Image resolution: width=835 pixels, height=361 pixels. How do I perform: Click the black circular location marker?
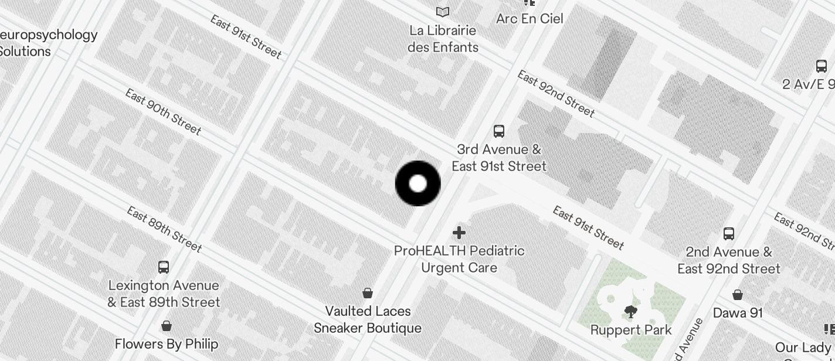(x=417, y=183)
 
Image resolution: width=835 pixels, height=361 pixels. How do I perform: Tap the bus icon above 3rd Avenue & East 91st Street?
(x=499, y=131)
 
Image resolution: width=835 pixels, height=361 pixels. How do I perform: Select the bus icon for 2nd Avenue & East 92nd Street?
(x=729, y=234)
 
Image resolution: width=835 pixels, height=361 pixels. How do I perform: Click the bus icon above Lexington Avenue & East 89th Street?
(x=164, y=267)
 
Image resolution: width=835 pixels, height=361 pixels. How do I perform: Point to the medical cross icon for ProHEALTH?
(x=459, y=233)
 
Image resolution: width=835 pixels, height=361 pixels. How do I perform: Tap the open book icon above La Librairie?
(x=443, y=12)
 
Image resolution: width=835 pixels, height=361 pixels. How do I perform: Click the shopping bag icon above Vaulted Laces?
(x=368, y=292)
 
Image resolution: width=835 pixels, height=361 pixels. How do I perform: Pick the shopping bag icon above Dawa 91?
(x=738, y=294)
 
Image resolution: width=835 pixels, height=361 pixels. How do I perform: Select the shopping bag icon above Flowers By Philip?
(x=167, y=326)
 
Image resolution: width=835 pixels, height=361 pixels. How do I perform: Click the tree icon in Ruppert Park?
(x=631, y=311)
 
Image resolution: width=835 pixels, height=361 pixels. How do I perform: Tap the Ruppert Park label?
(x=631, y=330)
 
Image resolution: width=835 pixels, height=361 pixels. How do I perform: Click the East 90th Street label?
(x=163, y=112)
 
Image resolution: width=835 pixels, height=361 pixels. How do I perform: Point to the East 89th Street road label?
(x=164, y=230)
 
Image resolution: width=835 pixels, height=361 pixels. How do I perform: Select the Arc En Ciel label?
(x=529, y=19)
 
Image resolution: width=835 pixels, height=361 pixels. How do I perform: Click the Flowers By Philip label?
(x=167, y=344)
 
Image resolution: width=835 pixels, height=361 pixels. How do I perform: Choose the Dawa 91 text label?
(x=738, y=313)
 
